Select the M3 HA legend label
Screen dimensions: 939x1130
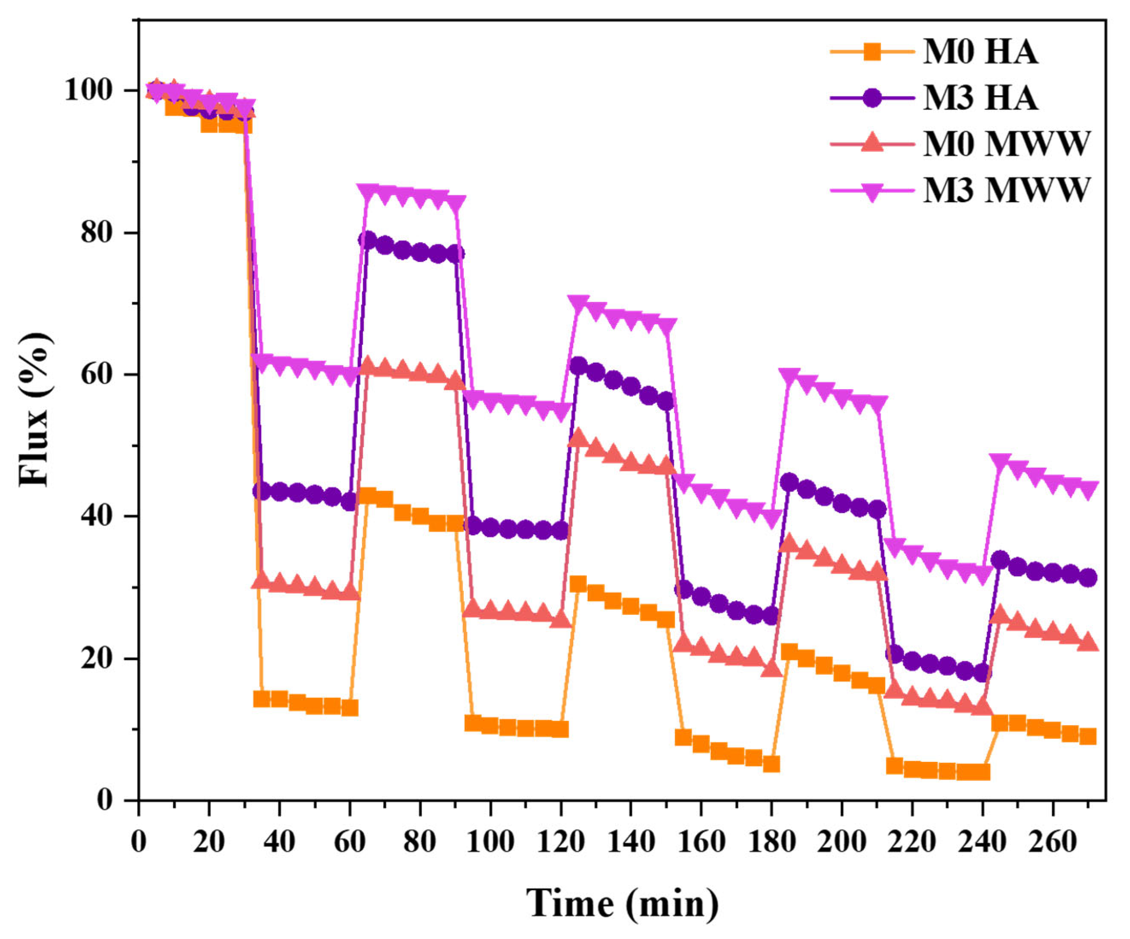pyautogui.click(x=981, y=98)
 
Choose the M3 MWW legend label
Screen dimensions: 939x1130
pyautogui.click(x=1006, y=189)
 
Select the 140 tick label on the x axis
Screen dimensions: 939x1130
pyautogui.click(x=631, y=841)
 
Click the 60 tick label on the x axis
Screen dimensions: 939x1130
pyautogui.click(x=350, y=841)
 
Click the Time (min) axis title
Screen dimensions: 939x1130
pyautogui.click(x=622, y=903)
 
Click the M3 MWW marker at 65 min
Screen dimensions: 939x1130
pyautogui.click(x=368, y=192)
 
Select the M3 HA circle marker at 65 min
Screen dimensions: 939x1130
pyautogui.click(x=367, y=240)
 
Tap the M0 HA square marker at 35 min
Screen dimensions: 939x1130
pyautogui.click(x=262, y=699)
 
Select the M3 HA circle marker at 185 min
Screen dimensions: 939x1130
pyautogui.click(x=789, y=482)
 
